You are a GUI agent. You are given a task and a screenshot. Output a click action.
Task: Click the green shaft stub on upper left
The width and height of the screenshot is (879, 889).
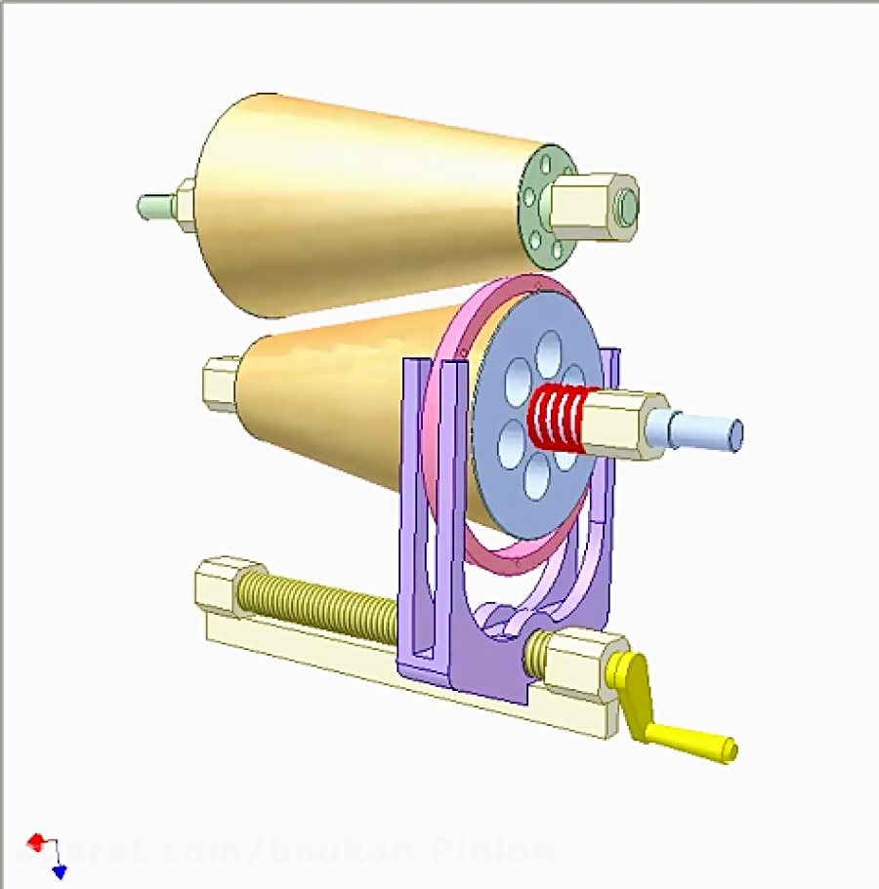tap(154, 206)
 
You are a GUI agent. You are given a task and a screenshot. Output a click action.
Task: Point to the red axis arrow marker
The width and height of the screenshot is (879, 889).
tap(36, 840)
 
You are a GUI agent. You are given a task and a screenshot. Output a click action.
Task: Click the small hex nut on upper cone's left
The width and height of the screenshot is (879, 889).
tap(185, 206)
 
